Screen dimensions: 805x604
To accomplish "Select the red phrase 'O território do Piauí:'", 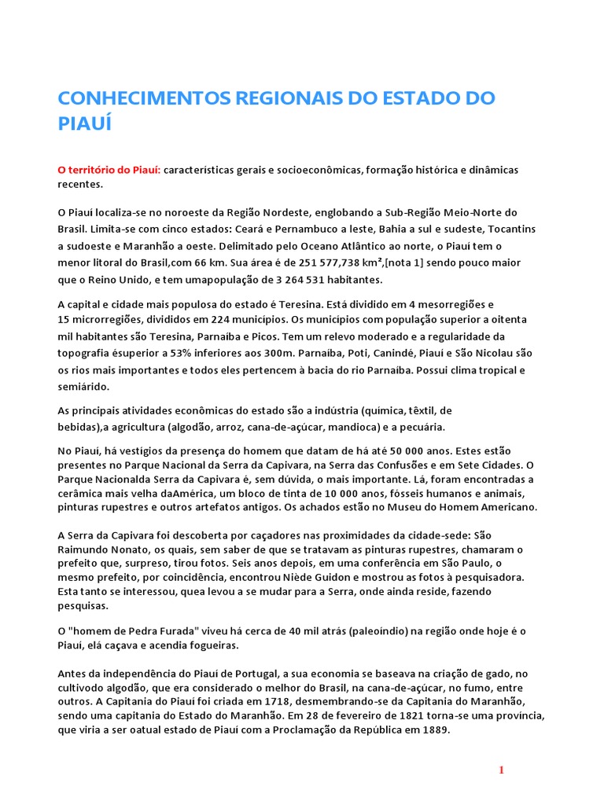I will (x=109, y=170).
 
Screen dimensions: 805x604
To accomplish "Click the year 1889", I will (x=431, y=730).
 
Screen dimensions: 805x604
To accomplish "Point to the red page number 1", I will (x=501, y=770).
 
